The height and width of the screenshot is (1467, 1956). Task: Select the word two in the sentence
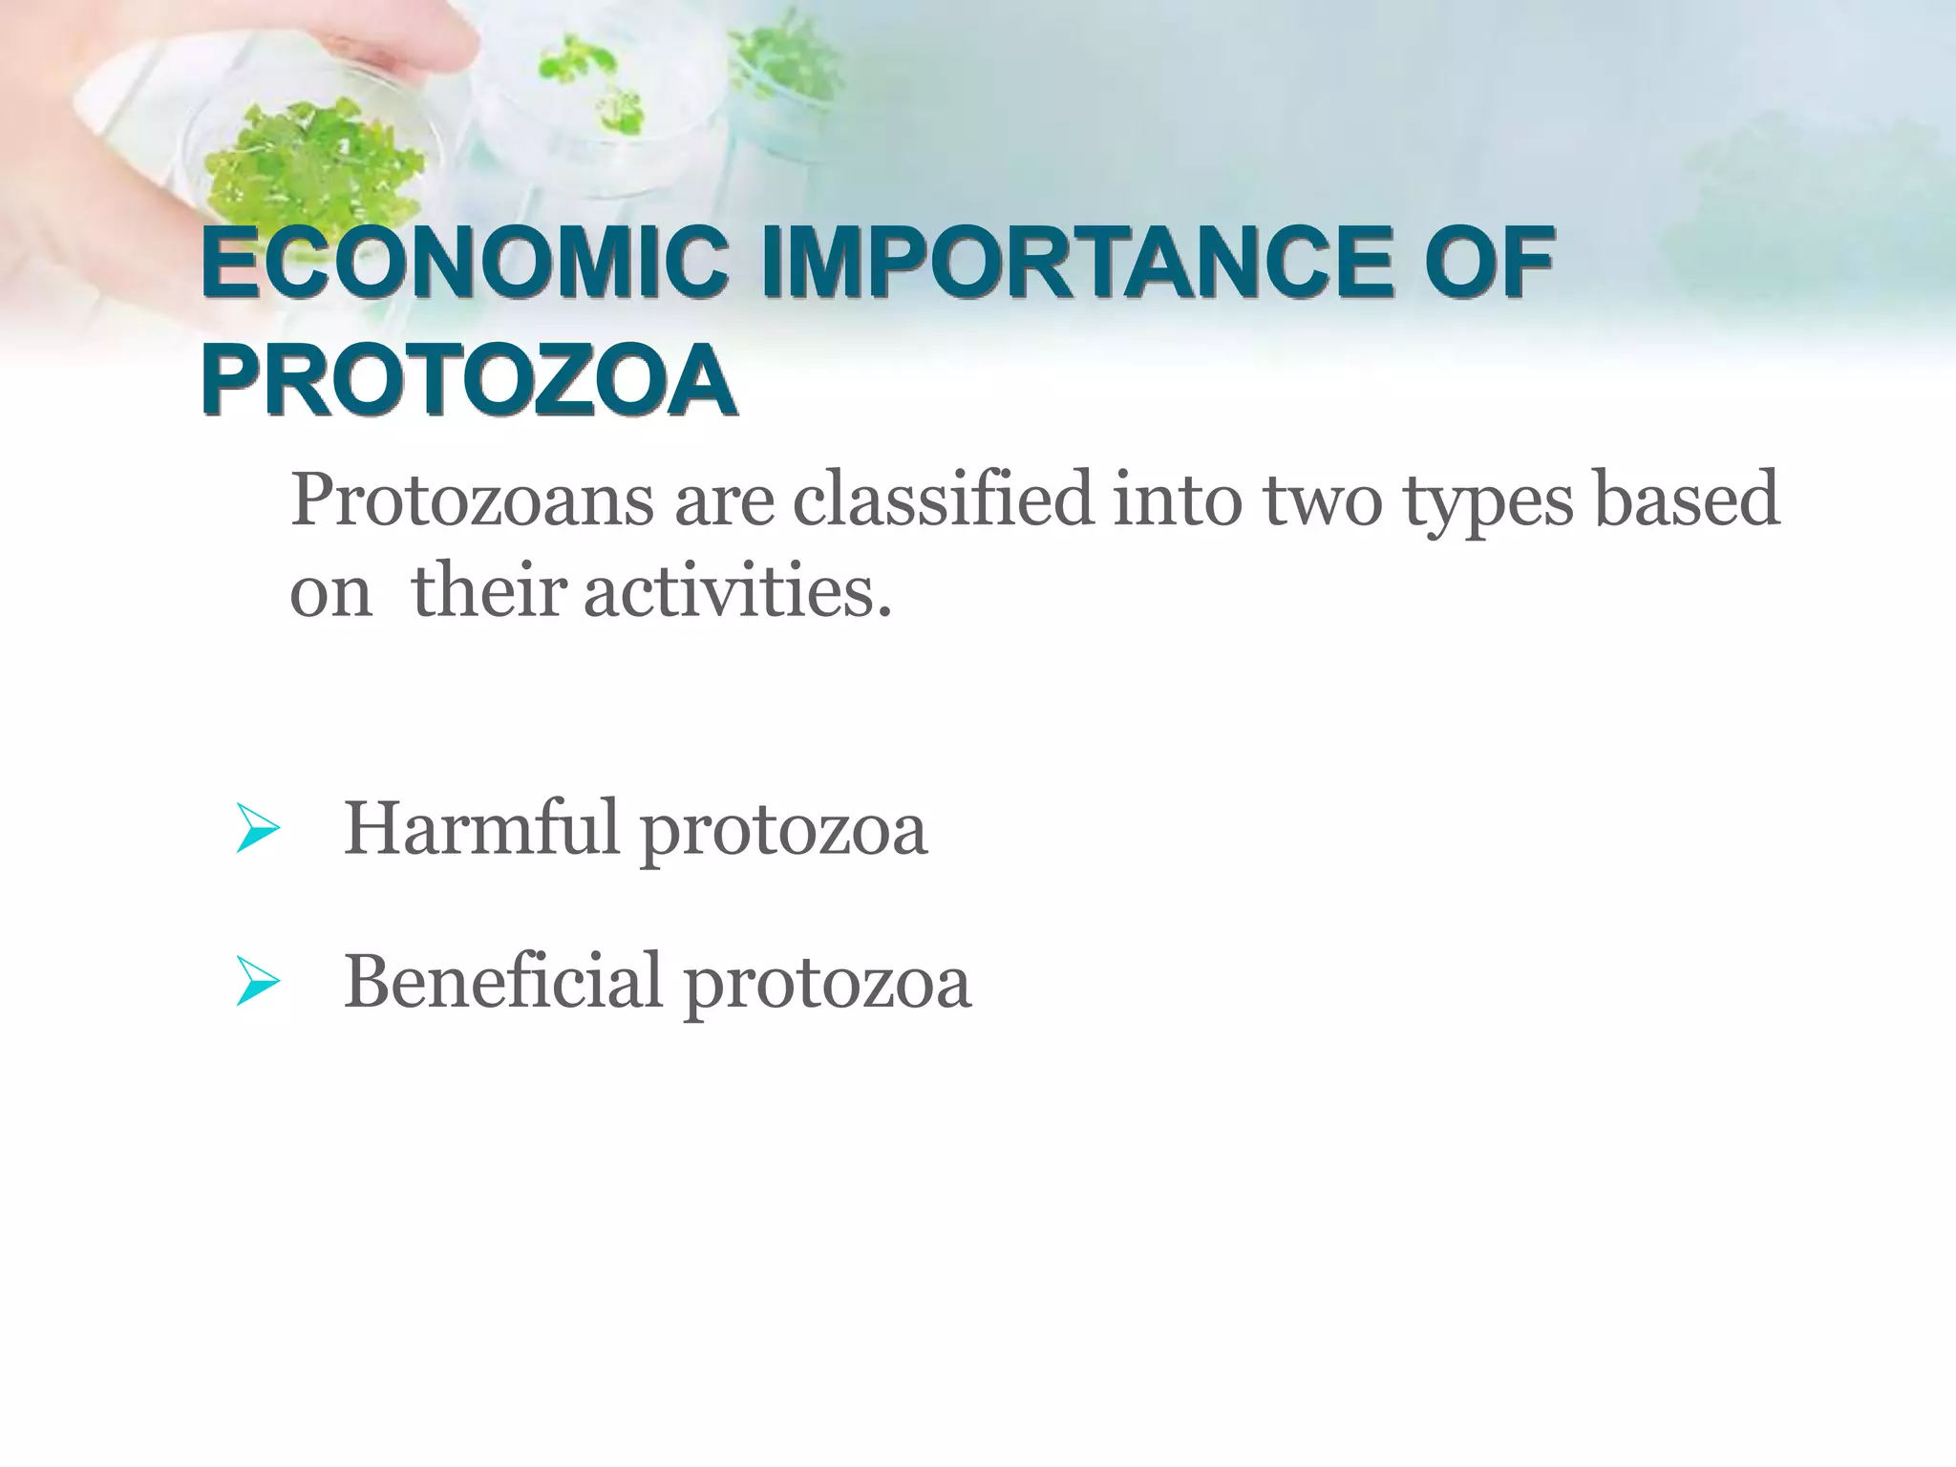pyautogui.click(x=1323, y=500)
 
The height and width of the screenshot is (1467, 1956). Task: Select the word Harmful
pyautogui.click(x=481, y=827)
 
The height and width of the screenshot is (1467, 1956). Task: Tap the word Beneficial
pyautogui.click(x=502, y=980)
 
